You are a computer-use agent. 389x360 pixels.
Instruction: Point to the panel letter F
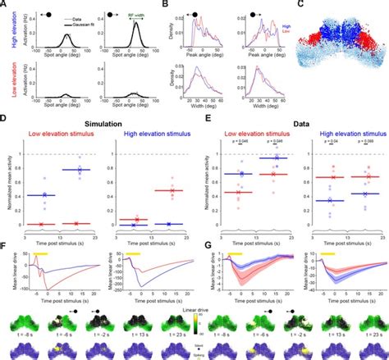click(6, 244)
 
